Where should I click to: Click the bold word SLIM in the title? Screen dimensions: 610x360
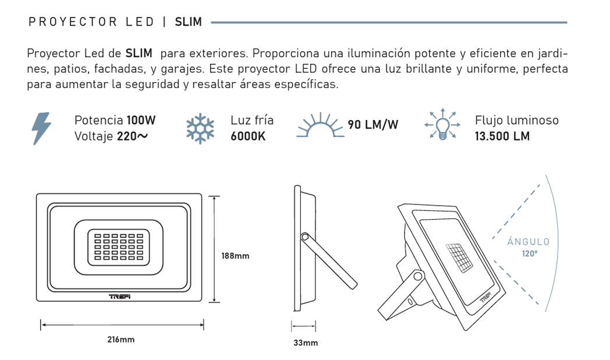pyautogui.click(x=188, y=22)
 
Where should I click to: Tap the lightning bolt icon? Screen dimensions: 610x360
pyautogui.click(x=42, y=128)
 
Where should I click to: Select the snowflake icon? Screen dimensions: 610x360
pyautogui.click(x=200, y=128)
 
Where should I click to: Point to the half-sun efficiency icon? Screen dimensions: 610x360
pyautogui.click(x=320, y=125)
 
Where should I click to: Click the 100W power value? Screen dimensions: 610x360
pyautogui.click(x=141, y=120)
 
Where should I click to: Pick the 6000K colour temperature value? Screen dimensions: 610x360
pyautogui.click(x=248, y=136)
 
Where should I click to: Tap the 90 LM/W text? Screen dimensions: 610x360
pyautogui.click(x=373, y=125)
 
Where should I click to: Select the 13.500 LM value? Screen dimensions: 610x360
pyautogui.click(x=502, y=136)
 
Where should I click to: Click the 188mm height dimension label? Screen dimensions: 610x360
pyautogui.click(x=235, y=256)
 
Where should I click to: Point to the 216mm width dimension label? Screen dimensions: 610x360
pyautogui.click(x=121, y=340)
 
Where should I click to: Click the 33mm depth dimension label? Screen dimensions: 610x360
pyautogui.click(x=306, y=343)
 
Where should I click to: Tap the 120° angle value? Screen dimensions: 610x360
pyautogui.click(x=530, y=254)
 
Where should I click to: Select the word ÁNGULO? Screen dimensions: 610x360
pyautogui.click(x=529, y=242)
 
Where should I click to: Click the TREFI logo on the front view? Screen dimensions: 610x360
pyautogui.click(x=119, y=297)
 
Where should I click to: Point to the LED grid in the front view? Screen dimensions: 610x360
pyautogui.click(x=119, y=247)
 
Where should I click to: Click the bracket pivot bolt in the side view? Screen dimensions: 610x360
pyautogui.click(x=305, y=237)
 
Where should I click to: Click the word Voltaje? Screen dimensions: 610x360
pyautogui.click(x=94, y=136)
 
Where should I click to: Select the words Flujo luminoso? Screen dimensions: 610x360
pyautogui.click(x=517, y=120)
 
